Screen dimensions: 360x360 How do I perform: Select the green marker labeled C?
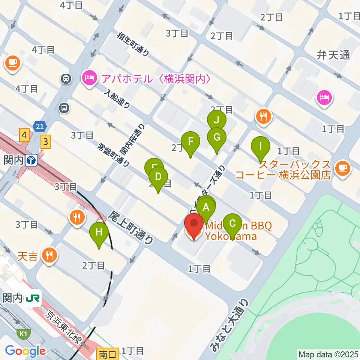232,224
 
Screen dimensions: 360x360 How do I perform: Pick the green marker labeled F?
190,142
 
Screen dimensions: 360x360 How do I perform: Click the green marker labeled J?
216,120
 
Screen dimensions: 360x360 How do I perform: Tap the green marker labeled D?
158,177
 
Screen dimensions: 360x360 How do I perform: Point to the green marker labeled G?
216,137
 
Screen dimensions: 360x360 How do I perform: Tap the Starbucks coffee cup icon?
343,168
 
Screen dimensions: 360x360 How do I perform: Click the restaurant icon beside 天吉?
49,256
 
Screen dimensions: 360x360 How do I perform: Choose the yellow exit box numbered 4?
25,134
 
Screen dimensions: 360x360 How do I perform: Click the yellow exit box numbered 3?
45,142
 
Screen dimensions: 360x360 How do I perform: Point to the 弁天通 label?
333,55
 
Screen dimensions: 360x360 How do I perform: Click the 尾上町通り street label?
131,227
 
